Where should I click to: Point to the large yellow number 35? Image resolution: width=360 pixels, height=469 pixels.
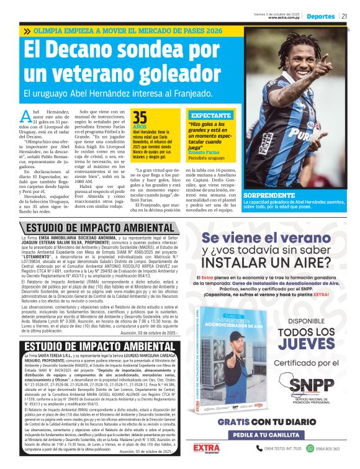click(x=140, y=118)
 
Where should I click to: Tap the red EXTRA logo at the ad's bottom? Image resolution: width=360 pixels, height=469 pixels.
click(x=206, y=448)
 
